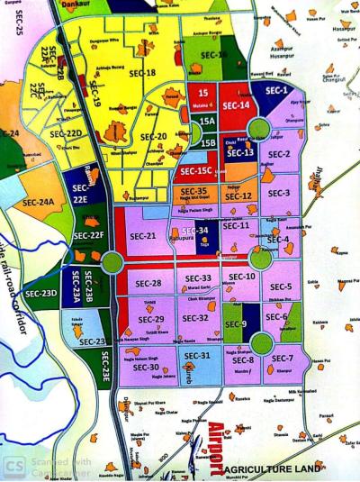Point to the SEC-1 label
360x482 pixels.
[275, 91]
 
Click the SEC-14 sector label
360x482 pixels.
[235, 106]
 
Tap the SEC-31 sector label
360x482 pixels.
[197, 356]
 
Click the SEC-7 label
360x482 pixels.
[284, 359]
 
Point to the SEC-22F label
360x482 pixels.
[89, 236]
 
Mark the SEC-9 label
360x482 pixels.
[236, 324]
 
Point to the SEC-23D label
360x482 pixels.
[41, 294]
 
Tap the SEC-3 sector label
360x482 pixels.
[279, 193]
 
